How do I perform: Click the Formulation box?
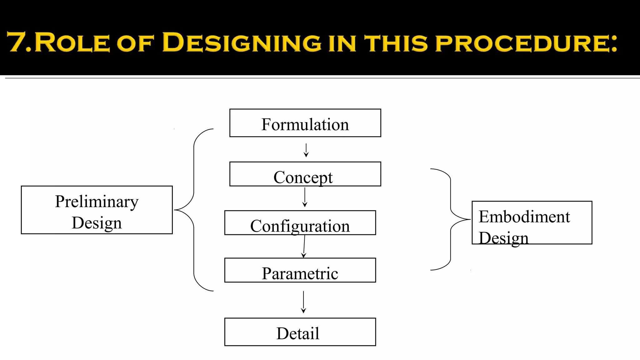(x=305, y=123)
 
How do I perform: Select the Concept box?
(x=305, y=174)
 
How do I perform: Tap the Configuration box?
(x=300, y=223)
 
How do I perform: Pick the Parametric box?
(x=300, y=271)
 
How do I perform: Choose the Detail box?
(x=300, y=332)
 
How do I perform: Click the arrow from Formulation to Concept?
(x=306, y=150)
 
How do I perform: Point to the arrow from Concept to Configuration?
(x=305, y=197)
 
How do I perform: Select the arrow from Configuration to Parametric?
(x=304, y=246)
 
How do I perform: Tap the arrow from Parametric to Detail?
(x=303, y=302)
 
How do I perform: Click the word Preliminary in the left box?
(x=97, y=202)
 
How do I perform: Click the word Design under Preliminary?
(x=97, y=223)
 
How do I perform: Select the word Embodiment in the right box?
(x=524, y=217)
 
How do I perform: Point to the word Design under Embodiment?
(x=503, y=238)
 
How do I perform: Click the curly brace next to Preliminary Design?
(x=194, y=210)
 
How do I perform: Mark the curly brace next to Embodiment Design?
(x=450, y=219)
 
